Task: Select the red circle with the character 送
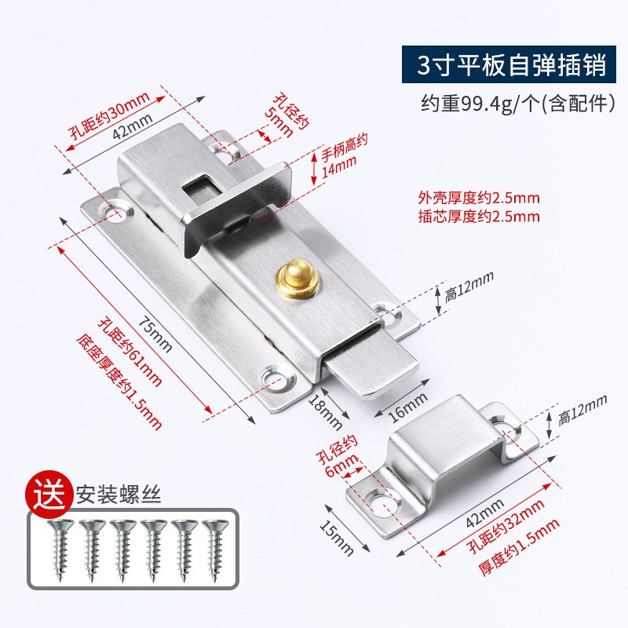pos(47,494)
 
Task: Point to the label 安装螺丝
pos(107,495)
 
